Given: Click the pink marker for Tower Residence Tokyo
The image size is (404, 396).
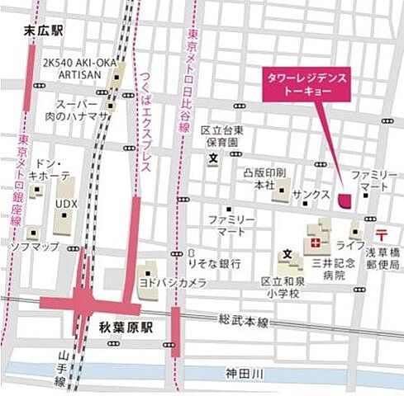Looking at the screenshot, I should tap(345, 198).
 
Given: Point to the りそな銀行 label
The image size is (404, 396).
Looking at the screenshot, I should tap(213, 263).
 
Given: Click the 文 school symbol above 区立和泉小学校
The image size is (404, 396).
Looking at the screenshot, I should tap(288, 253).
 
